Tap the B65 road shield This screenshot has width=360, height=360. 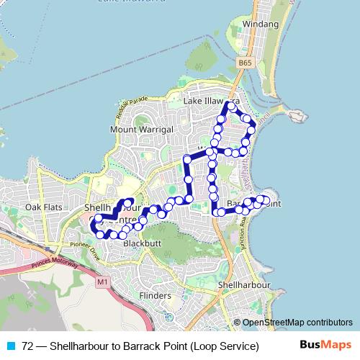point(246,63)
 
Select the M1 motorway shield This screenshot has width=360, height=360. point(102,283)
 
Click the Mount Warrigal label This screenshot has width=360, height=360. point(143,129)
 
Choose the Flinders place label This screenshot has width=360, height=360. point(155,296)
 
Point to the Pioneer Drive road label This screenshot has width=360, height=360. point(80,247)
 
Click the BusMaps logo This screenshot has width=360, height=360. point(330,346)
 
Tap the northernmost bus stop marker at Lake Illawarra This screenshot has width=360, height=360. point(232,106)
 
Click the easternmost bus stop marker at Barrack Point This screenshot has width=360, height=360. point(266,200)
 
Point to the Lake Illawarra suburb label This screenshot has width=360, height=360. point(211,102)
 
